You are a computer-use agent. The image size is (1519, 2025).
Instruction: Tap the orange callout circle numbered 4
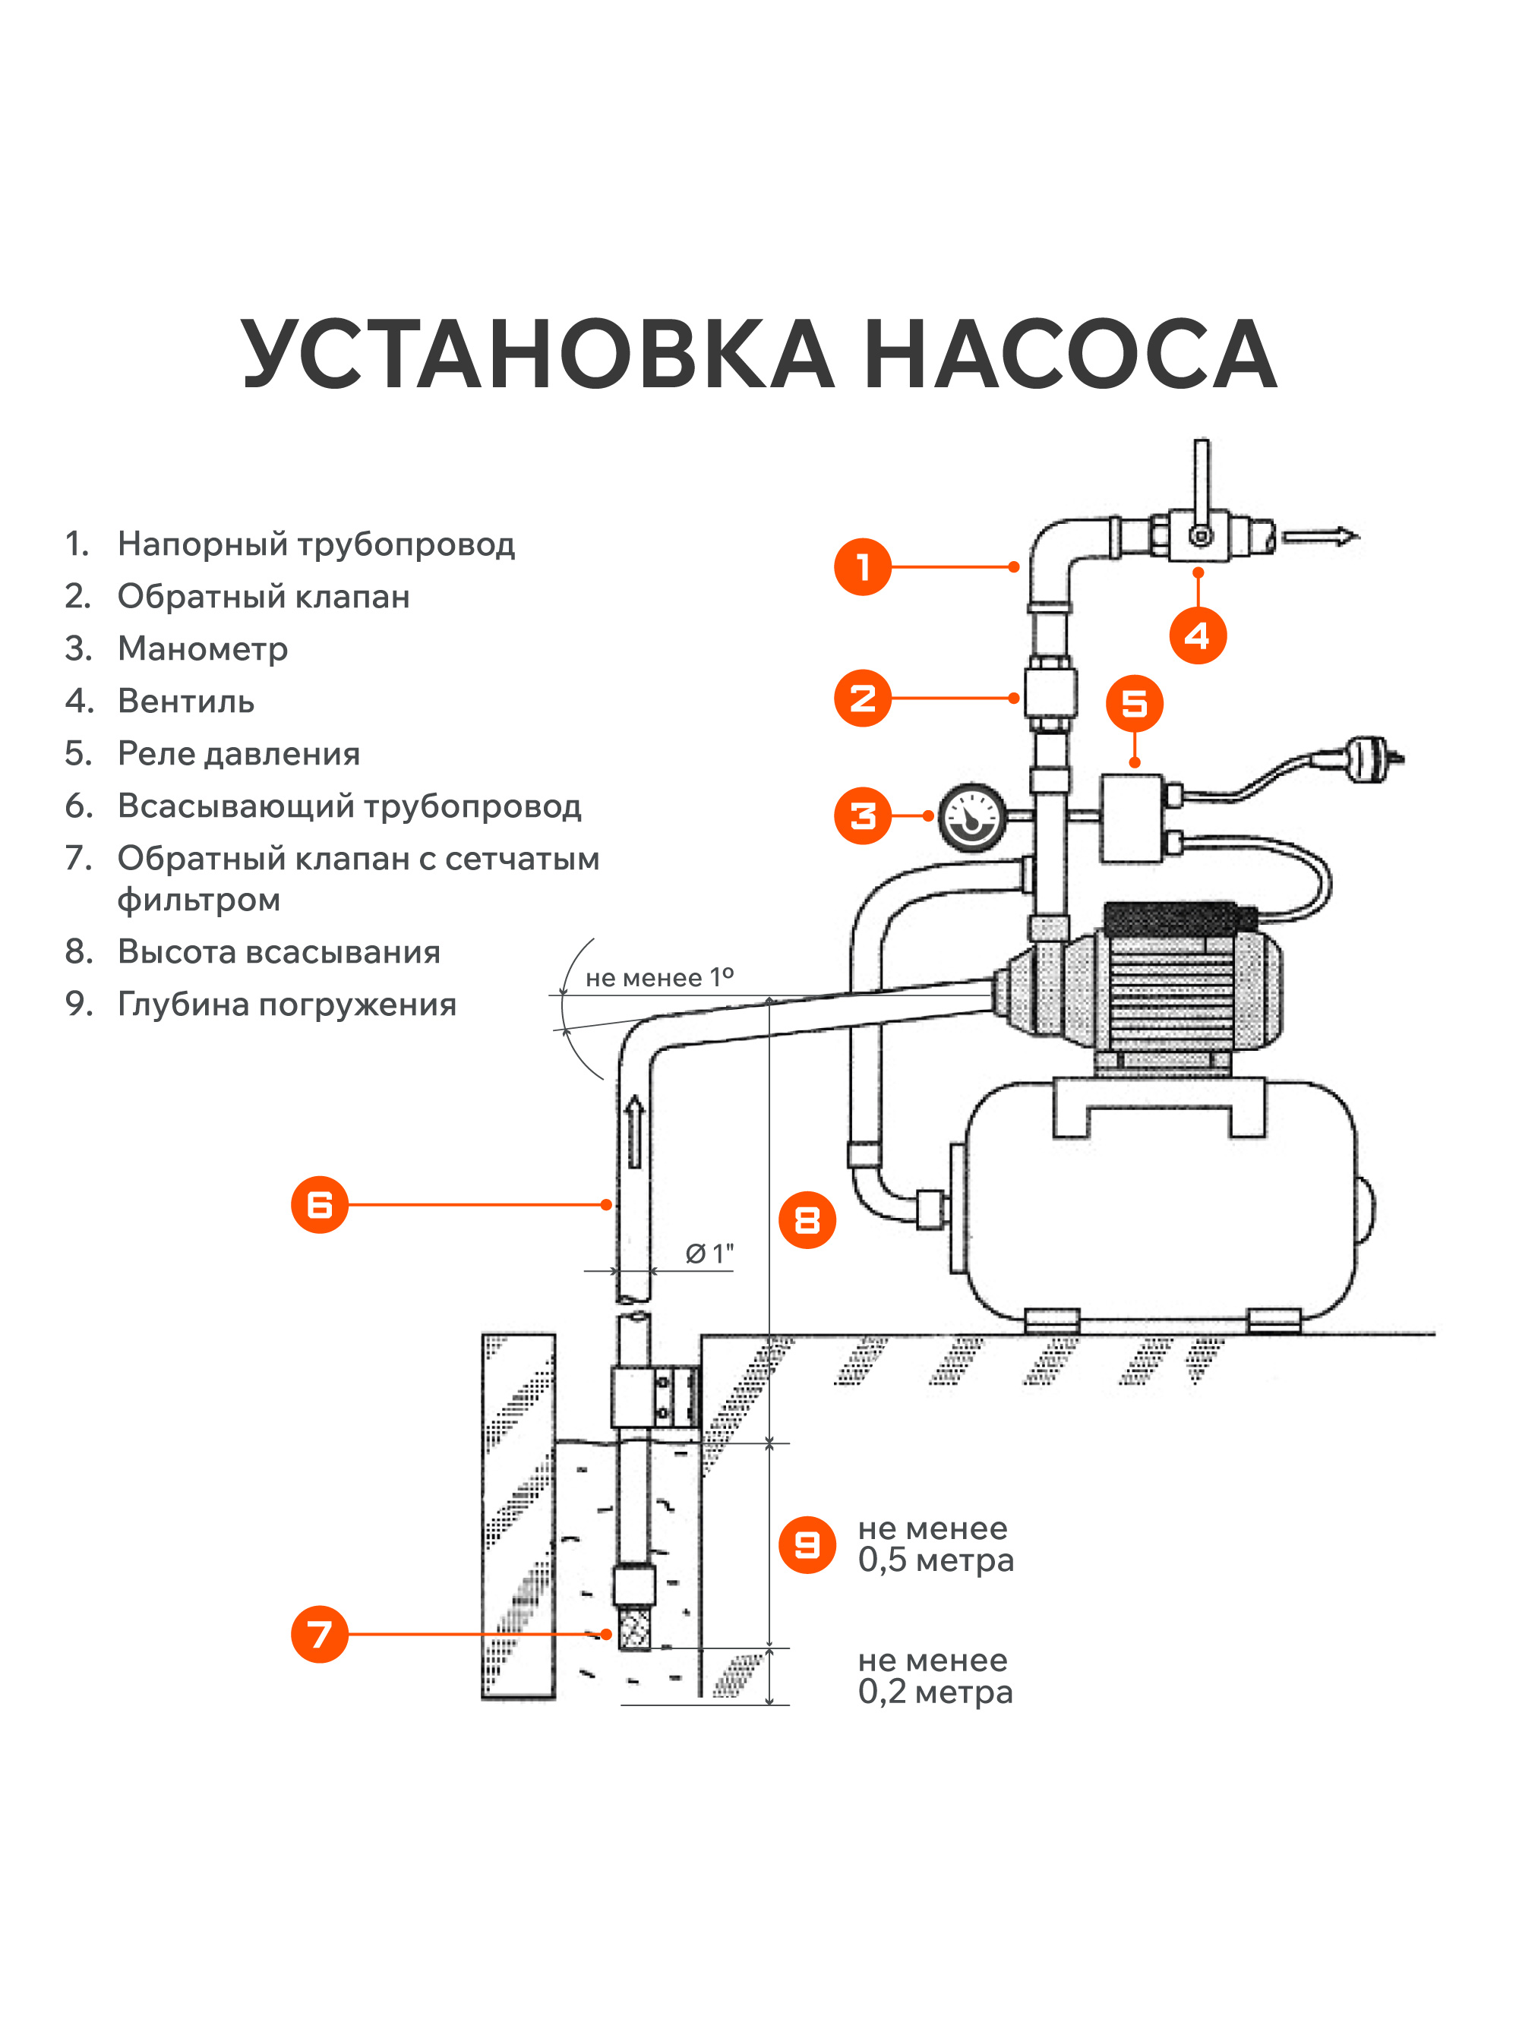click(1198, 636)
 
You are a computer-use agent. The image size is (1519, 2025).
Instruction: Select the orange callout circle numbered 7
click(320, 1634)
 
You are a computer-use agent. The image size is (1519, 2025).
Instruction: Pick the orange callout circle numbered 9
click(807, 1545)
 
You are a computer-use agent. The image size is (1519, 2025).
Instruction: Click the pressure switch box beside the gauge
click(1132, 818)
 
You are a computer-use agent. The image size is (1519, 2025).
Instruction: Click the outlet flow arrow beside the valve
click(1319, 537)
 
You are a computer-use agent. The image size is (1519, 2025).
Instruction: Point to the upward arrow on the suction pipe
click(634, 1131)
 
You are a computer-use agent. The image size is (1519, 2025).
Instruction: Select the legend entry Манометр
click(202, 648)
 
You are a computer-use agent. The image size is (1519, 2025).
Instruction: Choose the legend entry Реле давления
click(238, 753)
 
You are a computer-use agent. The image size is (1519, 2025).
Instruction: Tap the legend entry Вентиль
click(186, 702)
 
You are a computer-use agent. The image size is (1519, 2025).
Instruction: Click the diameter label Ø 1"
click(709, 1254)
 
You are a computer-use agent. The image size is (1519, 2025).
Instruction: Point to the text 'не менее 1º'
click(659, 978)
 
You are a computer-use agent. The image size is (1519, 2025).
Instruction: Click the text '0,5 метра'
click(935, 1560)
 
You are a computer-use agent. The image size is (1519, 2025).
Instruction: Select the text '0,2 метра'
click(935, 1692)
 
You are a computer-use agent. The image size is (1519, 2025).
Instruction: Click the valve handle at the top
click(1202, 481)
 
